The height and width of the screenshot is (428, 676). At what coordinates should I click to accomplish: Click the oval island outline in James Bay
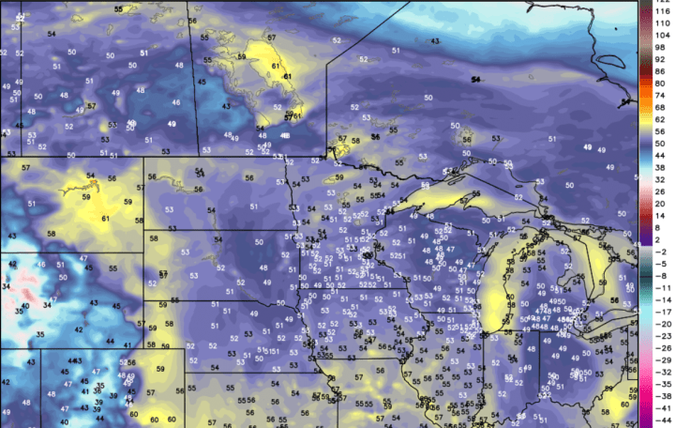[x=610, y=63]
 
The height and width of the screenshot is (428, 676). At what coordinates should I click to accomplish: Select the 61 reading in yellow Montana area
[x=105, y=219]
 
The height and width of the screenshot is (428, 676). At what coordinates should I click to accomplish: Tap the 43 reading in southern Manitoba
[x=226, y=106]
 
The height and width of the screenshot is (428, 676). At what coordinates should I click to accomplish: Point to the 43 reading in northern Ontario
[x=434, y=41]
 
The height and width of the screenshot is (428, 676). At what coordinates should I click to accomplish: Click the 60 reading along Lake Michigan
[x=484, y=298]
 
